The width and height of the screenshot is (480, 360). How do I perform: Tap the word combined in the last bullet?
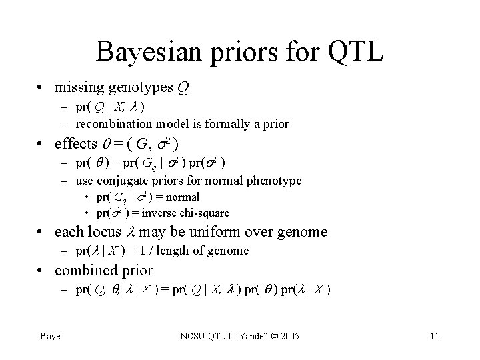(x=83, y=271)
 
